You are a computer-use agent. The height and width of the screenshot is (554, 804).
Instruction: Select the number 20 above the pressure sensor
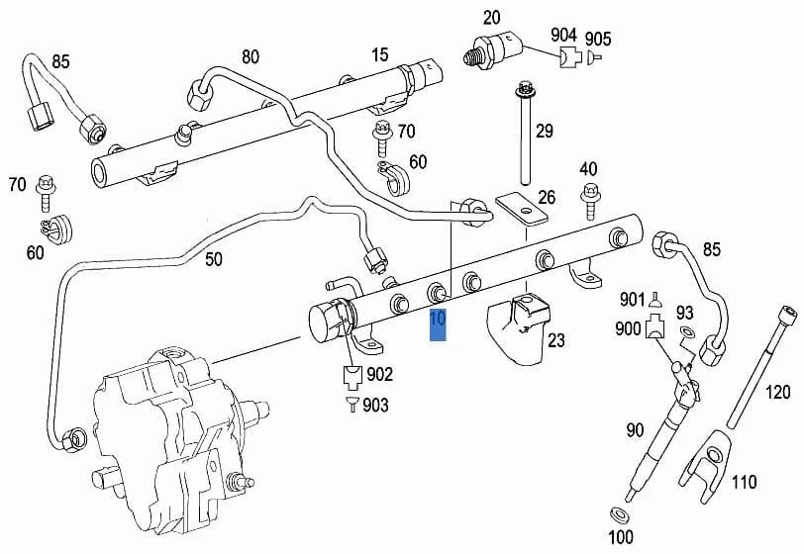click(491, 18)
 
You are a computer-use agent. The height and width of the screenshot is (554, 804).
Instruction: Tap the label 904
click(563, 35)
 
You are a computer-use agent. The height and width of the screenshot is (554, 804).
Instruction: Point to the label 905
click(598, 39)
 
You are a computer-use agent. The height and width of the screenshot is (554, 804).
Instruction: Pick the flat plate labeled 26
click(522, 209)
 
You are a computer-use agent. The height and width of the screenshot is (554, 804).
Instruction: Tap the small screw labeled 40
click(590, 202)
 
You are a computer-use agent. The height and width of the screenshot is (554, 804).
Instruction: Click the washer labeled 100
click(619, 514)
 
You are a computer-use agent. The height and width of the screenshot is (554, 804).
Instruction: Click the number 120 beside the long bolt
click(778, 393)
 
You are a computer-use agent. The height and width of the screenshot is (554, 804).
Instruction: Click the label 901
click(632, 300)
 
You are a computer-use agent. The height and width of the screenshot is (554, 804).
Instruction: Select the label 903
click(375, 406)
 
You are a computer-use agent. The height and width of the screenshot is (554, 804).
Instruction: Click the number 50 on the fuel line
click(214, 259)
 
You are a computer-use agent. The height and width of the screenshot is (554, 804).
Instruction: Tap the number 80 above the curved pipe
click(251, 57)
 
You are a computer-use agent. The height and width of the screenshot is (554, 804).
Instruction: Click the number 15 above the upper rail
click(380, 54)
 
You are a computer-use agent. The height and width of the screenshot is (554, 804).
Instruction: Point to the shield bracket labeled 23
click(518, 327)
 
